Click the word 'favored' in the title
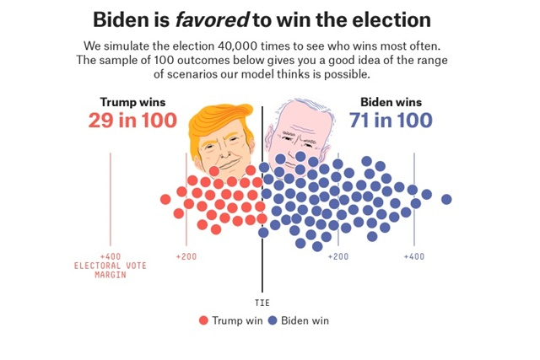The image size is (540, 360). coord(208,19)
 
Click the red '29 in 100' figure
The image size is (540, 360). coord(132,121)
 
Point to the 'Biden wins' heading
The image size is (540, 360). coord(391,103)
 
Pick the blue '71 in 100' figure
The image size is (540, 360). coord(391,121)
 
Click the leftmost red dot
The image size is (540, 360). coord(165,200)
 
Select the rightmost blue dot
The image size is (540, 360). coord(446,199)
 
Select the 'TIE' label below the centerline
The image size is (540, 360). coord(262,302)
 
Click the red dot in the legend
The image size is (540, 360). coord(203,320)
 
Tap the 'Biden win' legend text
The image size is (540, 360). coord(305,320)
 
